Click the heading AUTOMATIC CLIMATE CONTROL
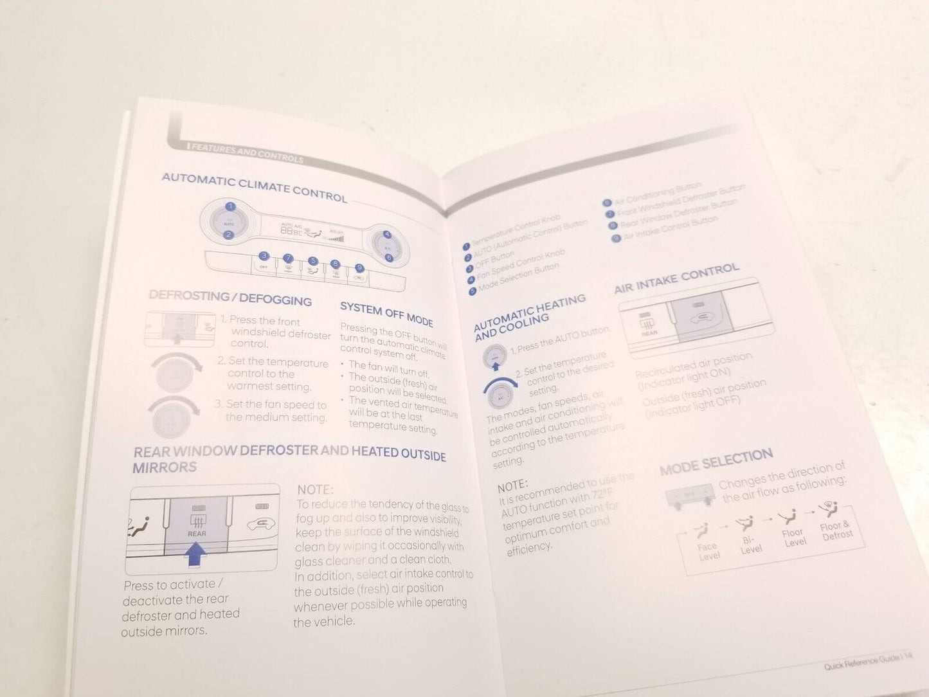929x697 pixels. tap(254, 187)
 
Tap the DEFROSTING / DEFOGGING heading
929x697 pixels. tap(230, 298)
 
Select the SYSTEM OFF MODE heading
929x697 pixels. tap(386, 314)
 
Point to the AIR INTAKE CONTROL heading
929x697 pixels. tap(676, 278)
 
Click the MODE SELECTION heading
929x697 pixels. tap(716, 462)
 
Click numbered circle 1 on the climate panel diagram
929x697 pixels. tap(230, 208)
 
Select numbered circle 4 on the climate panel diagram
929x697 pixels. tap(387, 235)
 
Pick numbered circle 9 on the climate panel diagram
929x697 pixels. tap(359, 268)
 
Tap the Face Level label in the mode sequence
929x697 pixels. tap(708, 552)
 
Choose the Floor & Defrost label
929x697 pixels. tap(836, 531)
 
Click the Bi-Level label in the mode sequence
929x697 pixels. tap(750, 545)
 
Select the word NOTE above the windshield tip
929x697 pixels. tap(315, 490)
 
